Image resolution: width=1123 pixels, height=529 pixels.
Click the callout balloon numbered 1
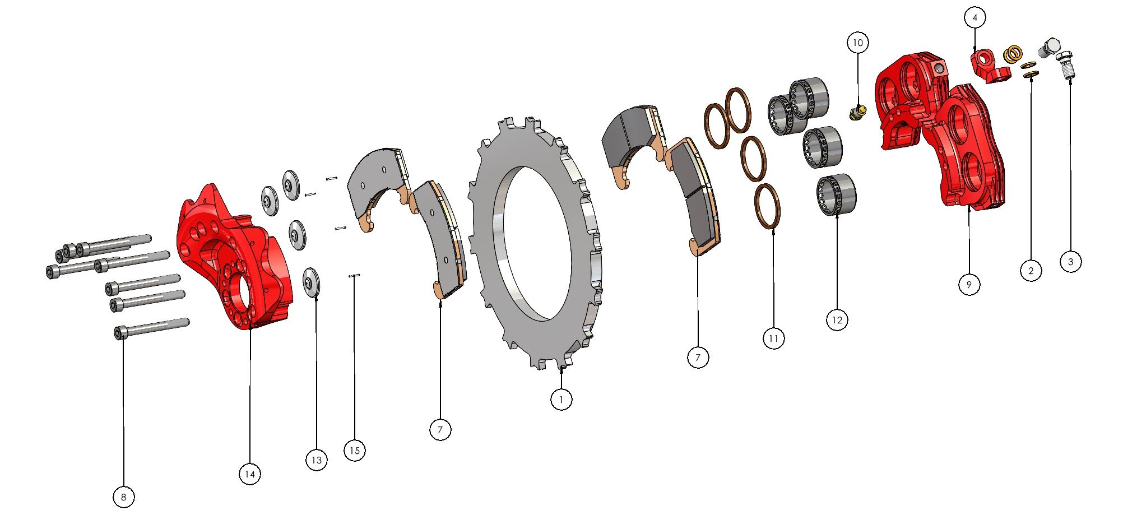561,400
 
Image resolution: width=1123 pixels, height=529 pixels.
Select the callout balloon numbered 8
124,496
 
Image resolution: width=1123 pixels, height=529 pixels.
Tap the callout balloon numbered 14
250,474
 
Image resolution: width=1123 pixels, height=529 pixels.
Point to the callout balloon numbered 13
317,460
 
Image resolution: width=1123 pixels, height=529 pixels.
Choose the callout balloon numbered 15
354,450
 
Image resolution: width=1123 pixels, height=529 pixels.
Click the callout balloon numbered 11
773,338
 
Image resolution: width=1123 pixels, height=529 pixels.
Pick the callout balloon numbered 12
837,320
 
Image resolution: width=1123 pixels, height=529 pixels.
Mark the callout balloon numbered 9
969,284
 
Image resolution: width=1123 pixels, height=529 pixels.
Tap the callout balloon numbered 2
1031,271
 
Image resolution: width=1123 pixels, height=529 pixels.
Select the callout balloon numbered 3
1071,261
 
